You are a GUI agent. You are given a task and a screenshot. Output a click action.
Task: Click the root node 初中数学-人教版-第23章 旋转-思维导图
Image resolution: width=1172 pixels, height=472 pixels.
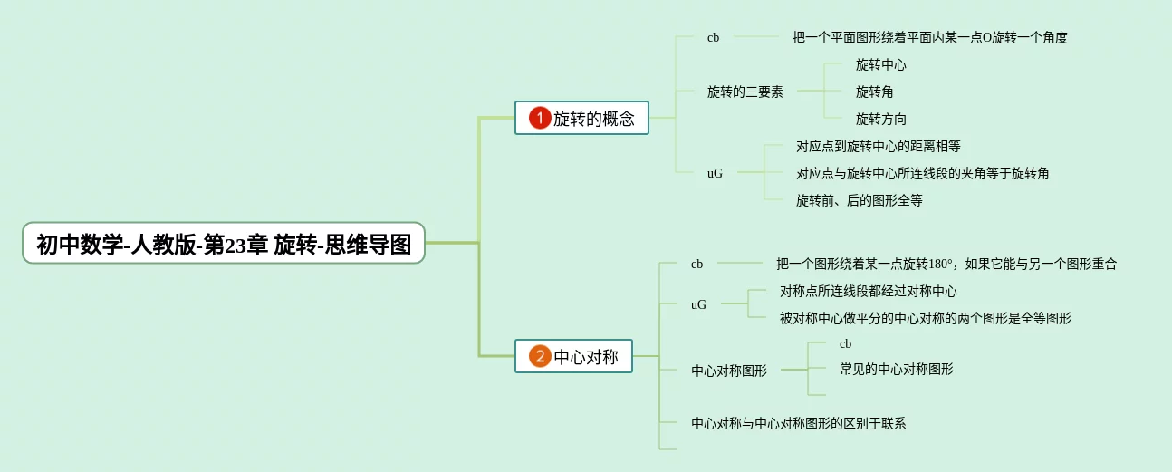click(x=224, y=244)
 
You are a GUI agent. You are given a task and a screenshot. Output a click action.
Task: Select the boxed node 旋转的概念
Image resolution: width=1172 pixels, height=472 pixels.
click(x=593, y=119)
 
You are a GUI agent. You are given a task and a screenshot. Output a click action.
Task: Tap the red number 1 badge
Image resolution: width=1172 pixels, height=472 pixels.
click(x=540, y=118)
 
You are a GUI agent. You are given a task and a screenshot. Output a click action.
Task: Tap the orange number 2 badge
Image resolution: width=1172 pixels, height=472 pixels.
click(x=540, y=356)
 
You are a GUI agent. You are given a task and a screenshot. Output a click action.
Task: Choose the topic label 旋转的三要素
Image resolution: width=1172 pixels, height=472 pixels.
click(x=745, y=92)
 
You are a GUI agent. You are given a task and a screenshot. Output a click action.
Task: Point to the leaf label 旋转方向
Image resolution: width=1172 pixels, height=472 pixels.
click(x=881, y=119)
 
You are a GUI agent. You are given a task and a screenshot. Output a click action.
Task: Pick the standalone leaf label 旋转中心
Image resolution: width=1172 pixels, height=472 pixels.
click(x=881, y=64)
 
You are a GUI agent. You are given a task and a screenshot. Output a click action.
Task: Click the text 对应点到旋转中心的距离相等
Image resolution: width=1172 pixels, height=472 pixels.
click(x=878, y=146)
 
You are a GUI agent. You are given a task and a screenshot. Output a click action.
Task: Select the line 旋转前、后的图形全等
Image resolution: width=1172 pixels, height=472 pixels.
click(x=859, y=200)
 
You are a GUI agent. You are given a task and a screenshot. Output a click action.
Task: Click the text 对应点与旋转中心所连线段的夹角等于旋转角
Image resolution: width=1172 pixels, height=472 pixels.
click(x=922, y=173)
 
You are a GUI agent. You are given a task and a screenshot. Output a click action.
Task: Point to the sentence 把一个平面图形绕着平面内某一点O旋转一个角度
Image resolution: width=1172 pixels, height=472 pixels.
click(x=929, y=37)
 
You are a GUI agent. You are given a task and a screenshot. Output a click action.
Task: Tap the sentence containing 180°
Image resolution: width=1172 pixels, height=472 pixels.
click(x=946, y=264)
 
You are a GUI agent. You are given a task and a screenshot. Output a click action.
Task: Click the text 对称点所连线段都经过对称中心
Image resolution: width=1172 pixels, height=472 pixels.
click(x=868, y=291)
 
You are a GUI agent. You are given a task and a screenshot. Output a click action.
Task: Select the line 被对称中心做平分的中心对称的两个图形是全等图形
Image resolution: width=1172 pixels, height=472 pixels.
click(x=925, y=318)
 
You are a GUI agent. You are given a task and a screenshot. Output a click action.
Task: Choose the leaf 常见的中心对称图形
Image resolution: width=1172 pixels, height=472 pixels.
click(x=896, y=369)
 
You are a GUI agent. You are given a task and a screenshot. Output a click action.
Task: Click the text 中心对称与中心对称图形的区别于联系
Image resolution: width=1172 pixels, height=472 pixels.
click(x=798, y=423)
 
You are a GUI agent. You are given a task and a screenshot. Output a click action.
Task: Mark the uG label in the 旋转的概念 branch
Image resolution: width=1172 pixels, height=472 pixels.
click(x=715, y=173)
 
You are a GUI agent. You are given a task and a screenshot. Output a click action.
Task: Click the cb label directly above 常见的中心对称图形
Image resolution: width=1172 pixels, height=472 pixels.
click(x=845, y=344)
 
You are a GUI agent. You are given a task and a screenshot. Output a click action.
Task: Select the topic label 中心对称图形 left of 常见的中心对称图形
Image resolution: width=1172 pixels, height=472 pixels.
click(x=728, y=371)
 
